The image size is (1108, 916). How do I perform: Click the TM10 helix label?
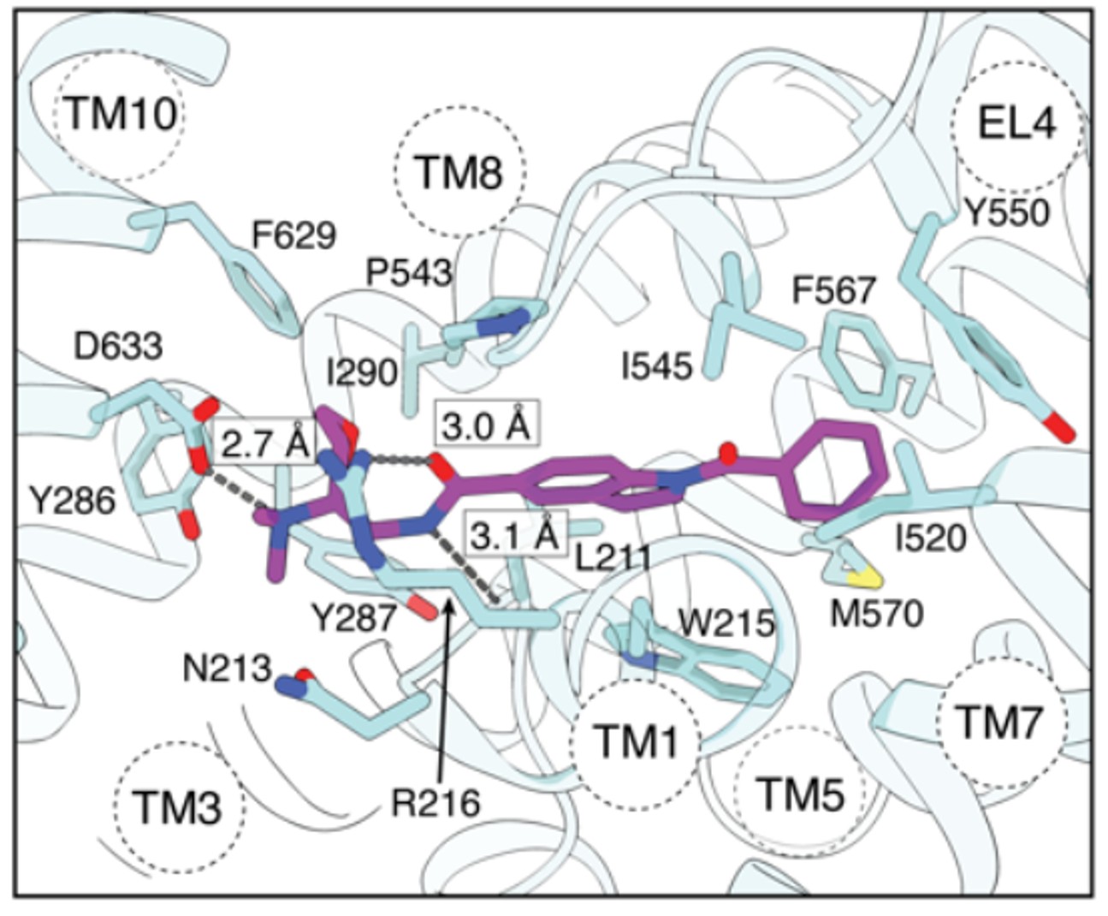pos(119,113)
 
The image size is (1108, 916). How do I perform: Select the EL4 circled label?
pos(1016,124)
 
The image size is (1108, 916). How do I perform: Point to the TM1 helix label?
pos(636,741)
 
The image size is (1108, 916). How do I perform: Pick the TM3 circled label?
pos(179,807)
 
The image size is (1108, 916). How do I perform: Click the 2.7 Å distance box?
pos(264,443)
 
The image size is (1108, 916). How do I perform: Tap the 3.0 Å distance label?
pos(488,424)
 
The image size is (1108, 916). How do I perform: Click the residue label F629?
pos(293,235)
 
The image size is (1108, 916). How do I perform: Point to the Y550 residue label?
pos(1005,212)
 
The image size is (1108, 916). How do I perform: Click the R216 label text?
pos(435,802)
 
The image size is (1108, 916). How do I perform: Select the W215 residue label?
pos(726,622)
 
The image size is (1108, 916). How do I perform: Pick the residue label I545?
pos(657,366)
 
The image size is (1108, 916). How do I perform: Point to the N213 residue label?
pos(227,669)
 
